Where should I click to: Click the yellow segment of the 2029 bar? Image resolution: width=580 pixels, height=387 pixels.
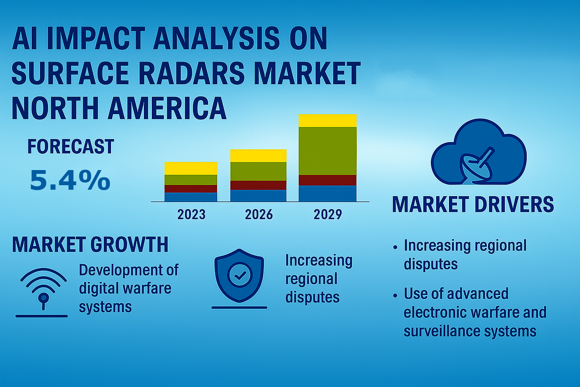point(327,121)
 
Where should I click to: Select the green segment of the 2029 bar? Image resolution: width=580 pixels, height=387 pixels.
point(327,151)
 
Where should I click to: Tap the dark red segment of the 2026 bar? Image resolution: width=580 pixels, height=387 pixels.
point(258,185)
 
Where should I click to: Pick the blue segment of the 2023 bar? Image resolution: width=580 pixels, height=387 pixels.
point(191,197)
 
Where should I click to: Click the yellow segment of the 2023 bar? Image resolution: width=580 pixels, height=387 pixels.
point(191,168)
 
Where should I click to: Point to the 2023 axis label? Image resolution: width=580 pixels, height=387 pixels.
point(191,215)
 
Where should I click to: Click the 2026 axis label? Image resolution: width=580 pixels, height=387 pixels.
point(259,215)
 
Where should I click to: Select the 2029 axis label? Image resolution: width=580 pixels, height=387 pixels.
point(327,215)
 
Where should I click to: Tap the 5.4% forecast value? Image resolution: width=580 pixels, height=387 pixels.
point(70,180)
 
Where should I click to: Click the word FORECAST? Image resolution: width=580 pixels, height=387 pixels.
point(71,147)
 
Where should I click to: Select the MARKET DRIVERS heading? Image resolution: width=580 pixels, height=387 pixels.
point(473,204)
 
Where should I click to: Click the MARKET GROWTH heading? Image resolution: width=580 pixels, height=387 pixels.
point(90,245)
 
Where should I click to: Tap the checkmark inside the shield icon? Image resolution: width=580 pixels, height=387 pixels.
point(239,276)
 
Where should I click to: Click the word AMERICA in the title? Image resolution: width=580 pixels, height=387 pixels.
point(167,108)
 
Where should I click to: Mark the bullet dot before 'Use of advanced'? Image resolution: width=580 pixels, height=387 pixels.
point(395,295)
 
